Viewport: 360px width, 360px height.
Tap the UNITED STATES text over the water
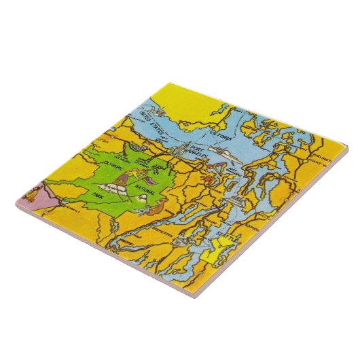150,118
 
